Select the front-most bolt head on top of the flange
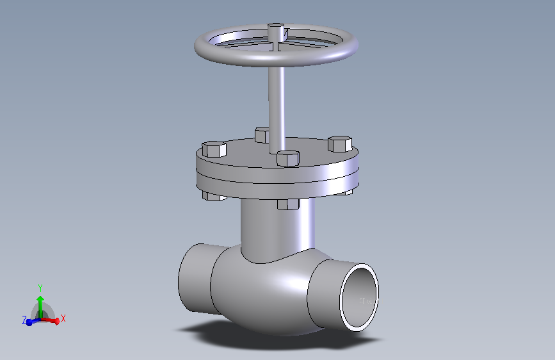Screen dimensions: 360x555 (288, 158)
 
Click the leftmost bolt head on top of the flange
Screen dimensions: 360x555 (214, 149)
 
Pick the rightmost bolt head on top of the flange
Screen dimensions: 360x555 (340, 144)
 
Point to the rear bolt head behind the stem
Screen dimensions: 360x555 (262, 135)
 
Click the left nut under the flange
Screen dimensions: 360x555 (213, 196)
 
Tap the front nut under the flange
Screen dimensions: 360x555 (289, 204)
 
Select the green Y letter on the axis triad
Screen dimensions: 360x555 (40, 288)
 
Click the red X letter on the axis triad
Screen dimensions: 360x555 (63, 318)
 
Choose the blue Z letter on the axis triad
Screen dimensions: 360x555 (24, 320)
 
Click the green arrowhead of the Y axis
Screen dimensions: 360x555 (40, 299)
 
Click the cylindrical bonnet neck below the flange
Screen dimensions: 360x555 (275, 227)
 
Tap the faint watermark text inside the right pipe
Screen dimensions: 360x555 (369, 300)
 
